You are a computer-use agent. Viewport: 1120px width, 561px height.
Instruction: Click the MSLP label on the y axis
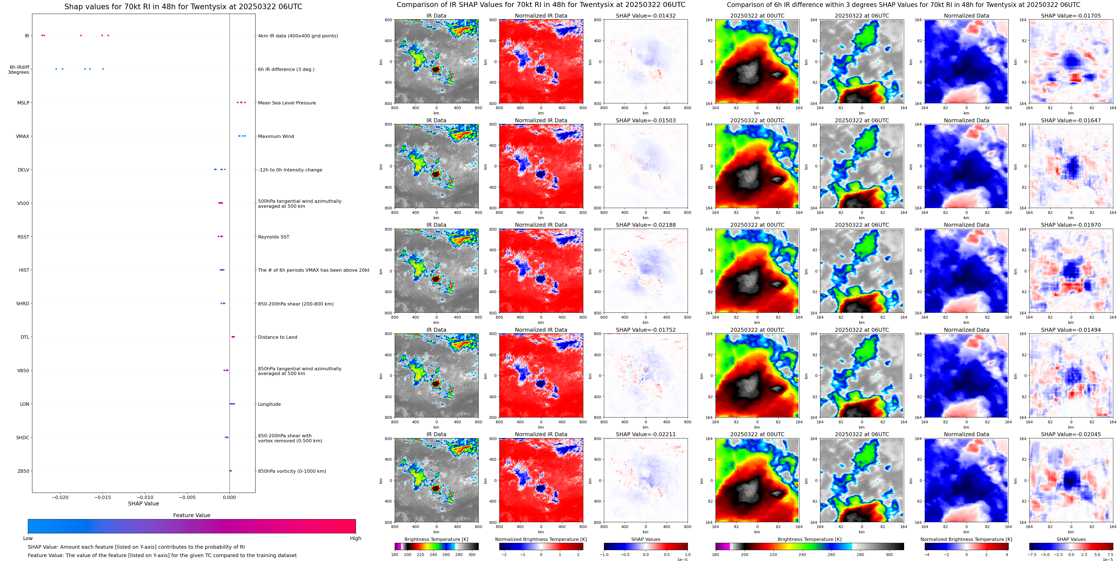coord(23,103)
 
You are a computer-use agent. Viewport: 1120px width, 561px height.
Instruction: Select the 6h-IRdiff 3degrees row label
coord(19,70)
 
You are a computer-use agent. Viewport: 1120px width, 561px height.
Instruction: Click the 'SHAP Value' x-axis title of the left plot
coord(143,503)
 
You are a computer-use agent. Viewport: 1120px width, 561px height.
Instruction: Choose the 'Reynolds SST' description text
coord(273,237)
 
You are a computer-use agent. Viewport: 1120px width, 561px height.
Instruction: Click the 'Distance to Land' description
coord(277,337)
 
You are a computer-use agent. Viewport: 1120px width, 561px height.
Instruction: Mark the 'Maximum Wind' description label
coord(276,136)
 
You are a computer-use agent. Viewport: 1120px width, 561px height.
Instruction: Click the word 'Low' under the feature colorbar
coord(28,538)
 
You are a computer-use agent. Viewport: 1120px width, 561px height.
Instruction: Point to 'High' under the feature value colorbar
coord(355,538)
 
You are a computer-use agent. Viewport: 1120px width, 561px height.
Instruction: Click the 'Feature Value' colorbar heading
coord(191,515)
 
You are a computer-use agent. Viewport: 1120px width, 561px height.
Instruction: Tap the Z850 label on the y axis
coord(23,471)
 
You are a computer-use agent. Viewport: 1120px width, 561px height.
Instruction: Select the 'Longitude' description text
coord(269,404)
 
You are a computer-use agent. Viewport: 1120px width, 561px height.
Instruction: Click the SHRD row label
coord(23,303)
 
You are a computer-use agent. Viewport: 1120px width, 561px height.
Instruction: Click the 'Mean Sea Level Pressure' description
coord(286,103)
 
